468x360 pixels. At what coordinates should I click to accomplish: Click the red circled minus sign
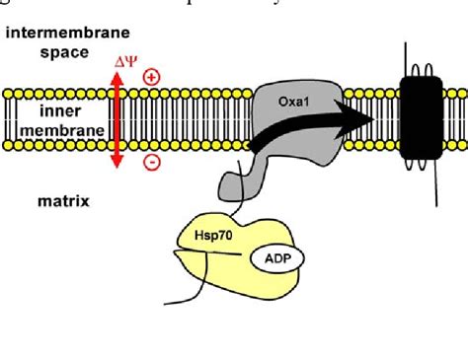pos(152,163)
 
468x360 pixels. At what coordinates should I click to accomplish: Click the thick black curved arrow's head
pos(361,117)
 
